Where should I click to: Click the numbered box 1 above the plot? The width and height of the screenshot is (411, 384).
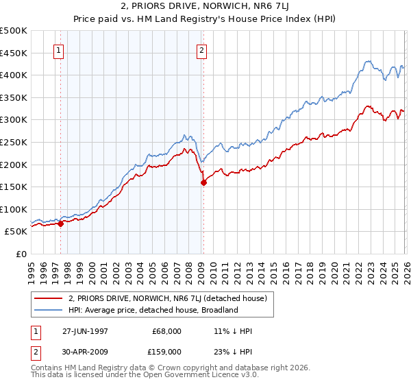59,50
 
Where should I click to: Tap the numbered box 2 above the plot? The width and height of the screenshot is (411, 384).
202,50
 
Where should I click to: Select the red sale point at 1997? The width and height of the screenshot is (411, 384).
61,223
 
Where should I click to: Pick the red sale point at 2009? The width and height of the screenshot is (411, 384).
203,182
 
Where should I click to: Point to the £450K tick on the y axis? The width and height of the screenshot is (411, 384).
14,53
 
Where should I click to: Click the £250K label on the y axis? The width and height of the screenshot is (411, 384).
14,142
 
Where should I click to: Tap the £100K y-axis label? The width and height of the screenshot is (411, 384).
14,209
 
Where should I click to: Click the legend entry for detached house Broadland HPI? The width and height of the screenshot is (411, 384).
152,310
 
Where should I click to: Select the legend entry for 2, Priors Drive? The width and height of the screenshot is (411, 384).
171,298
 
